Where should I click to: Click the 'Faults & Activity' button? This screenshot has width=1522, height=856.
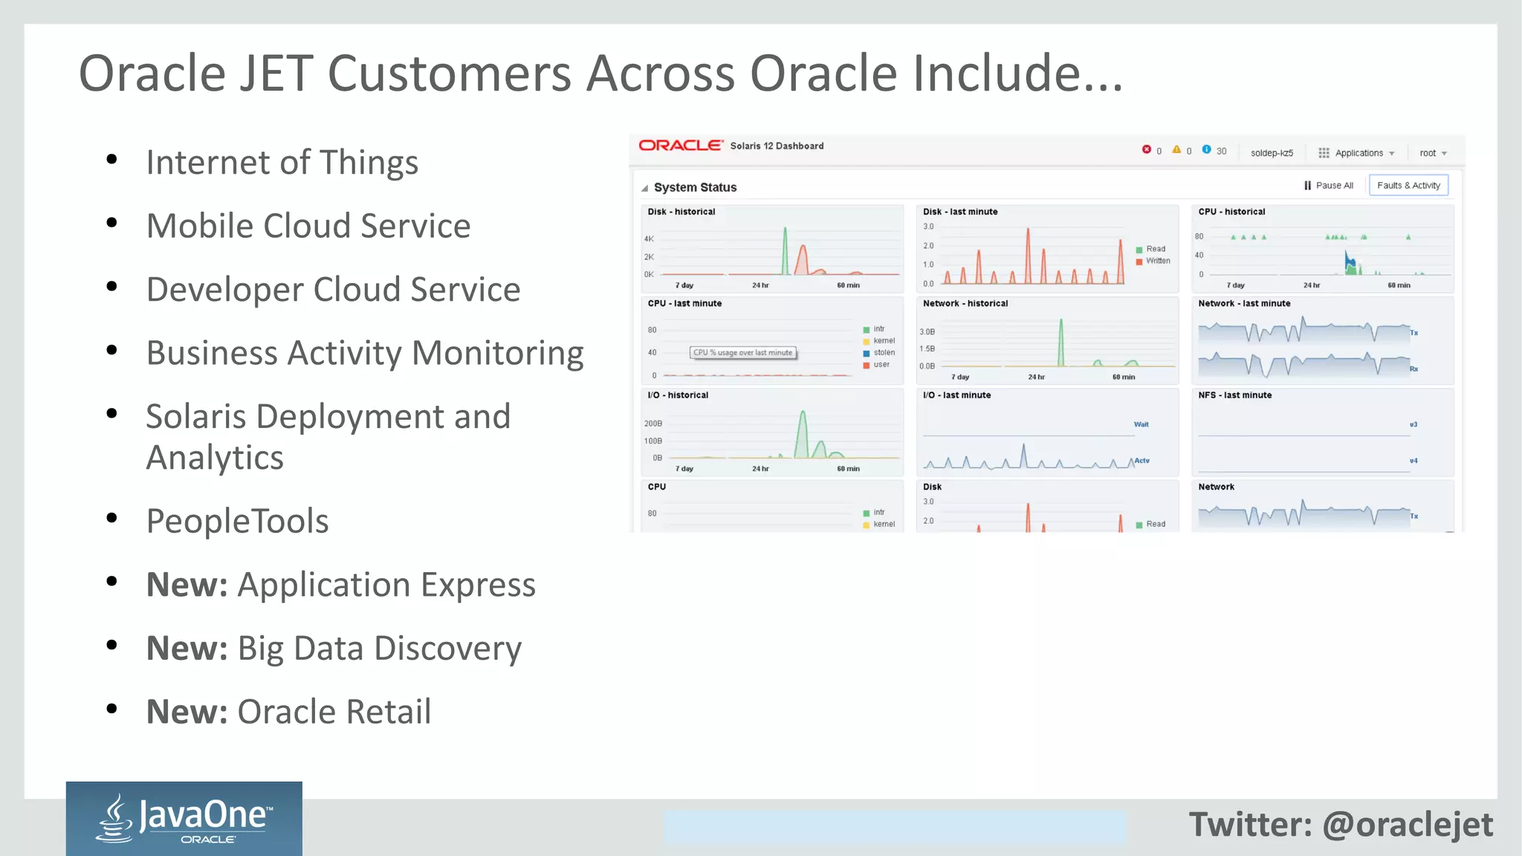click(1408, 186)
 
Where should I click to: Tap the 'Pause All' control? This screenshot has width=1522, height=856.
click(1329, 186)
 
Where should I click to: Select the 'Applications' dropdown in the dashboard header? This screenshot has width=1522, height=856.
click(1357, 153)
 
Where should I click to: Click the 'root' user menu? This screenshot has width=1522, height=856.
click(1432, 153)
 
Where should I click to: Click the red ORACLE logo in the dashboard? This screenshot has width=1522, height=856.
click(680, 146)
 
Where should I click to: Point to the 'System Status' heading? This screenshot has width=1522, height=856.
click(695, 187)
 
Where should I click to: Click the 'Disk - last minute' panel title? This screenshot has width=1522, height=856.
click(960, 212)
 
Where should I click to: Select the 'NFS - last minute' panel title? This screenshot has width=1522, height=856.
click(1234, 395)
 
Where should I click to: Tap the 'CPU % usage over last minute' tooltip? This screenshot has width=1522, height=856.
click(743, 353)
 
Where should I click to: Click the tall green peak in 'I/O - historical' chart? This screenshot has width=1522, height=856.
click(803, 431)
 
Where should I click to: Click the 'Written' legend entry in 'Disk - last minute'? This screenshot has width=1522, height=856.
click(1157, 261)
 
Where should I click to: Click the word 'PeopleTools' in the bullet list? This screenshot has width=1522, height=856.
click(237, 521)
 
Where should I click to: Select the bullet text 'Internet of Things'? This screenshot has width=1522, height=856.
click(282, 162)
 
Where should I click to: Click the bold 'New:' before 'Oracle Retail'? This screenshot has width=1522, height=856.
click(187, 712)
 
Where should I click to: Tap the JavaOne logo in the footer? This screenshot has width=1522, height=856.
click(184, 819)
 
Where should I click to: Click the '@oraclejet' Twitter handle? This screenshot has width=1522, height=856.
click(1408, 825)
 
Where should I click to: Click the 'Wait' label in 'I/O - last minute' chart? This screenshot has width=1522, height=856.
click(1141, 424)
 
